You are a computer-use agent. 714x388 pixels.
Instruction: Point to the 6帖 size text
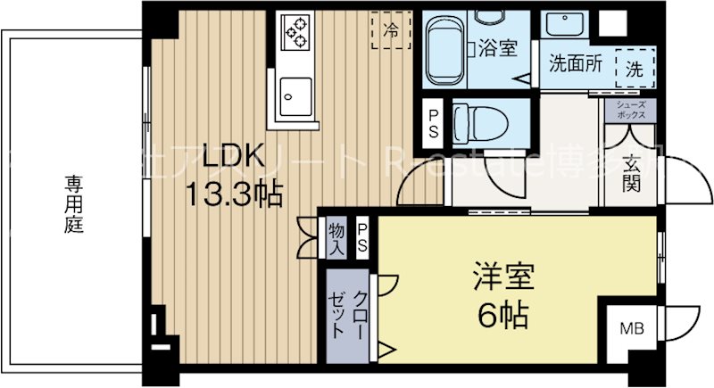(x=502, y=314)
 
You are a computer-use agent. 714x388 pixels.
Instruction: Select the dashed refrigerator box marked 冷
(x=391, y=29)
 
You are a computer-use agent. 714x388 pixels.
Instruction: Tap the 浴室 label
(x=498, y=48)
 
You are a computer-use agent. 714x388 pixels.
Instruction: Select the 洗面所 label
(x=574, y=64)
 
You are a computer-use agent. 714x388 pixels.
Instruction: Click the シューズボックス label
(x=631, y=110)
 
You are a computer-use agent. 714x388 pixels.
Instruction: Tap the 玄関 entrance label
(x=632, y=175)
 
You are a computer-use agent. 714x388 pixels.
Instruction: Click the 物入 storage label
(x=336, y=238)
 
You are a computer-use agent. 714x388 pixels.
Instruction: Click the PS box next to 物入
(x=364, y=238)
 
